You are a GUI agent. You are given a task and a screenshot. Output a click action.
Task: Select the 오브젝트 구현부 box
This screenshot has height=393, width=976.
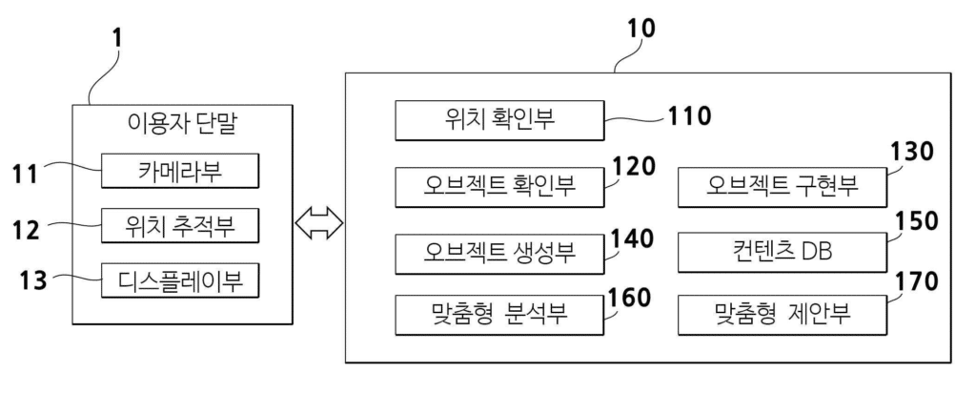780,186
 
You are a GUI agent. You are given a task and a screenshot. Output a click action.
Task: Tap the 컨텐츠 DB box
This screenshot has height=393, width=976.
780,251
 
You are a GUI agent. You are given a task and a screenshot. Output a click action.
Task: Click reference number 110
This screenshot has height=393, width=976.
688,116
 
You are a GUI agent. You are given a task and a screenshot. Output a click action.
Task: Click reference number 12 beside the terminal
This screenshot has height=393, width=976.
30,230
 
